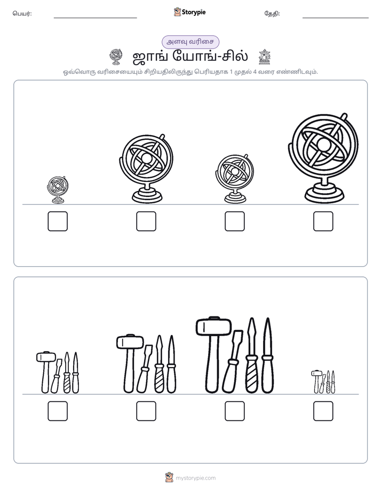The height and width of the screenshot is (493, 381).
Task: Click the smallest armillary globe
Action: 58,190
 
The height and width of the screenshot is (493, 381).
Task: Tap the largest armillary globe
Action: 323,158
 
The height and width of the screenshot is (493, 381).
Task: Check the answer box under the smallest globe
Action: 58,221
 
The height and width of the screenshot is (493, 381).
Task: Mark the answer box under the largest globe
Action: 323,221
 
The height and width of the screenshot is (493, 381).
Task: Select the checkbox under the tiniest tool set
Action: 323,411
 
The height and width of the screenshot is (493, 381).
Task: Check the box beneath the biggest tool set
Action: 234,411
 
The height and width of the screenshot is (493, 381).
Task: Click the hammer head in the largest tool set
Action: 214,326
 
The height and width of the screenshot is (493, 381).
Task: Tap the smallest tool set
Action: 323,381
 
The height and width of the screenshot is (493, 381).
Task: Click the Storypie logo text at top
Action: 194,12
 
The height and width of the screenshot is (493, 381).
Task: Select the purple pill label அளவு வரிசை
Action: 190,42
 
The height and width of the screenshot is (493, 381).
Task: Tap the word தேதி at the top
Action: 272,13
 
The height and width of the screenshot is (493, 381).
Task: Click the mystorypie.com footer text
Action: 195,478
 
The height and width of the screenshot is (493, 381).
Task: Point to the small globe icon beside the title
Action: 116,57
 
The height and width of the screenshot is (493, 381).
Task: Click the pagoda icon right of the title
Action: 264,57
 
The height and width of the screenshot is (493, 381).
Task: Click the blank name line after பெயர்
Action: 95,18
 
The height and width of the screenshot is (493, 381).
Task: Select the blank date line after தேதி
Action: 336,18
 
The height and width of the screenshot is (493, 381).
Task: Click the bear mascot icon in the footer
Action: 169,478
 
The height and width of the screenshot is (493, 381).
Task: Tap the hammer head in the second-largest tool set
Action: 130,341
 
